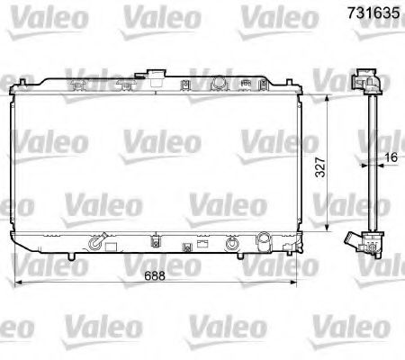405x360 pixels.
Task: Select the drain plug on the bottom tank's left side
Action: point(96,242)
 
